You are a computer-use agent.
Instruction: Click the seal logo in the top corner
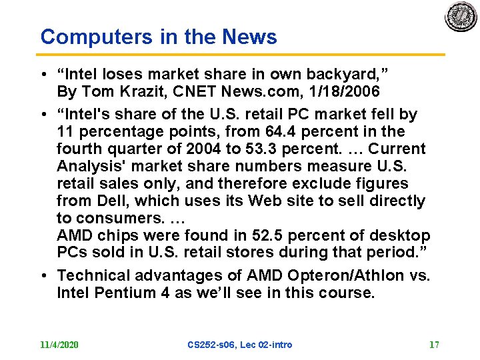461,16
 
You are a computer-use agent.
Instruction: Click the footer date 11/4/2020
59,345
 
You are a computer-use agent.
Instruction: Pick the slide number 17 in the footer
434,345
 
